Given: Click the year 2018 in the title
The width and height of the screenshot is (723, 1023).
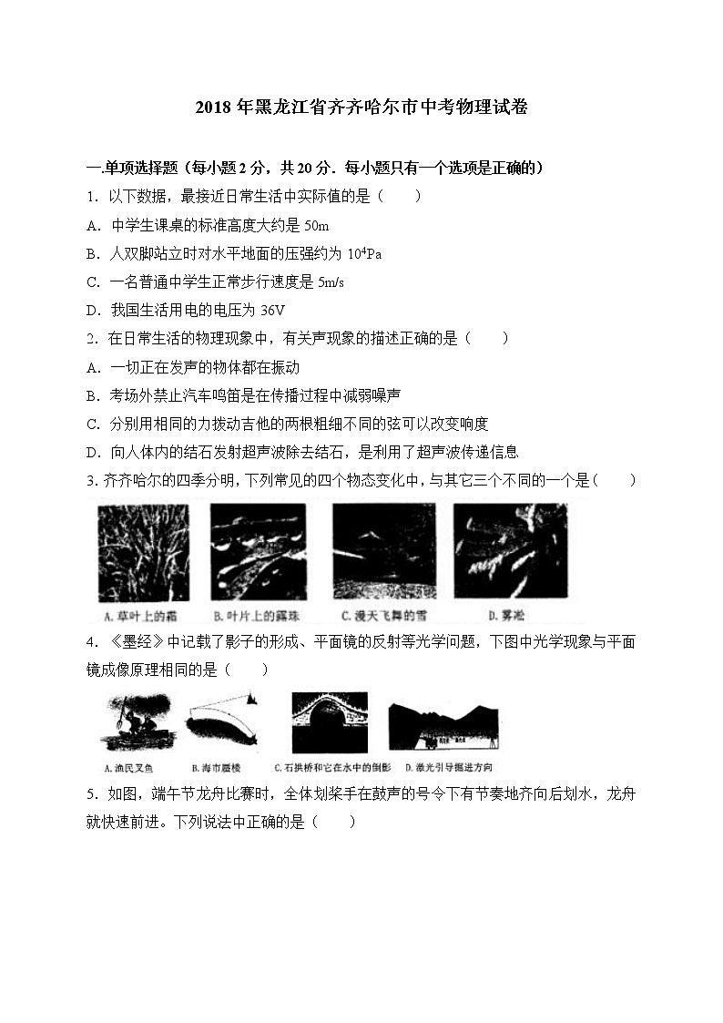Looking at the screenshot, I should coord(212,107).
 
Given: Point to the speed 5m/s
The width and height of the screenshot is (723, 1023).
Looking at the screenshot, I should coord(329,282).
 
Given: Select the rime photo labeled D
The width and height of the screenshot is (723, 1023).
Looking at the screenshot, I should coord(509,548).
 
